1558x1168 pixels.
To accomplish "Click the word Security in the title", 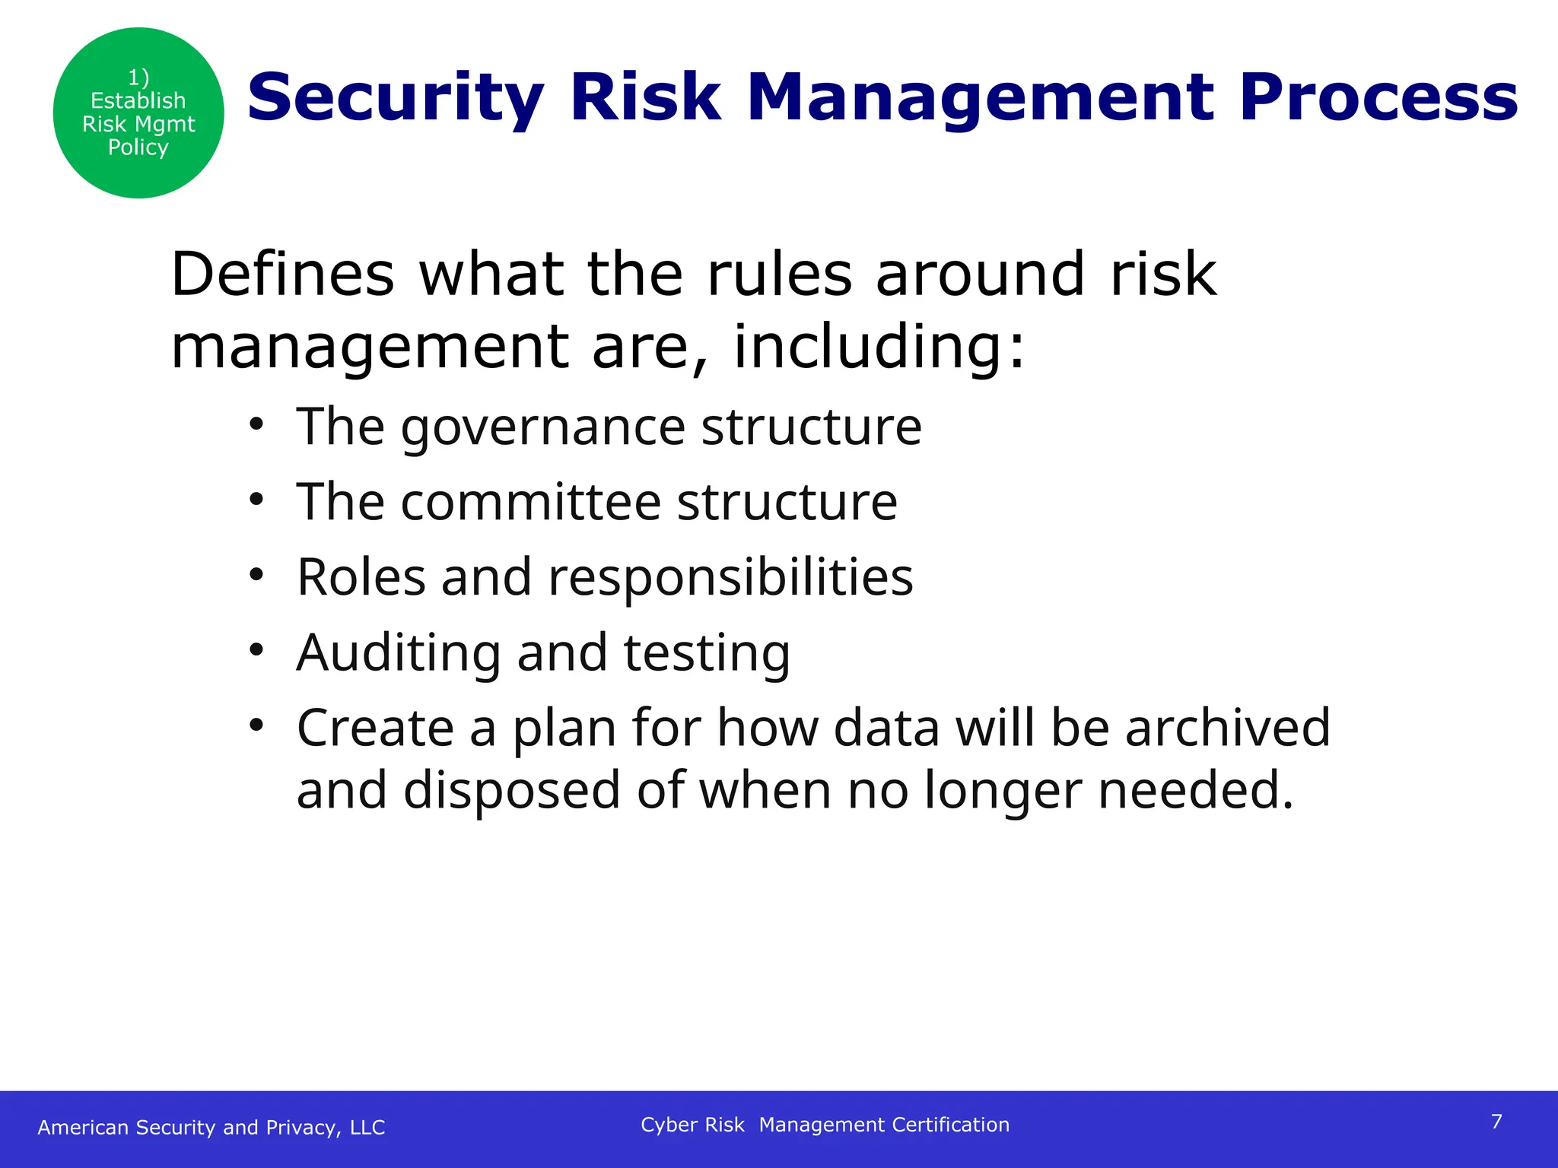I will coord(396,97).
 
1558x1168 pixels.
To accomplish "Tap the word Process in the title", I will coord(1378,97).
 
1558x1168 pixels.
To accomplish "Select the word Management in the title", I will coord(981,97).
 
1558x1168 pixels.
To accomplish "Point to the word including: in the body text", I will coord(879,347).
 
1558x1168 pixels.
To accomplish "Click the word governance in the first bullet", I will coord(543,427).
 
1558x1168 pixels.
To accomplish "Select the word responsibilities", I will coord(730,578).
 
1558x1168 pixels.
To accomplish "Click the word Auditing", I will coord(399,652).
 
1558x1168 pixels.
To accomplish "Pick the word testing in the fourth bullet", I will coord(707,654).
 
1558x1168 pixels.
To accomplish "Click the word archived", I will coord(1227,728).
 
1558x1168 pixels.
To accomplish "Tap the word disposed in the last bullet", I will coord(511,791).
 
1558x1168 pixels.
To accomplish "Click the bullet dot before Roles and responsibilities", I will coord(256,575).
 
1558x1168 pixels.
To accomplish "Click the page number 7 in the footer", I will coord(1496,1122).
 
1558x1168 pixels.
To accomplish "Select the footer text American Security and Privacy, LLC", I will coord(211,1127).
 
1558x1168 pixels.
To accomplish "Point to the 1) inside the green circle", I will coord(138,77).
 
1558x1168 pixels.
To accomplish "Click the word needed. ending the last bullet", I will coord(1196,791).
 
